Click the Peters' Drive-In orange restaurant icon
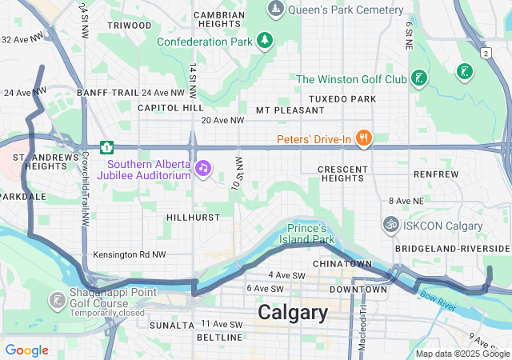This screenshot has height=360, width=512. (363, 138)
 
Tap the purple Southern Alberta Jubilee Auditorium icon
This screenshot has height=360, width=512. (203, 168)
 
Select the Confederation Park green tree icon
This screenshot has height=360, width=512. (264, 41)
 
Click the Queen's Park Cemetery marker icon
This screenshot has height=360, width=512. (276, 9)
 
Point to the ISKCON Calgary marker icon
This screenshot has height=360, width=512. (391, 225)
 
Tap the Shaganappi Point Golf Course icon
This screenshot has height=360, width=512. (57, 301)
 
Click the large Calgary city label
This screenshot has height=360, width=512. (293, 313)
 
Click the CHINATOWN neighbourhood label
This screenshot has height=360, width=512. (342, 263)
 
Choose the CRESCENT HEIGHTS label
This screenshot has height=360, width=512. (342, 175)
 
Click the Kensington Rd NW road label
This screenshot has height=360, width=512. (129, 254)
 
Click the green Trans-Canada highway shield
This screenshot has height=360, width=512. (106, 147)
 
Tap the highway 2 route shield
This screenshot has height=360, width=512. (485, 53)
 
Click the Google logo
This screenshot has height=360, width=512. (26, 350)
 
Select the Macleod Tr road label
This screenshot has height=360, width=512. (362, 320)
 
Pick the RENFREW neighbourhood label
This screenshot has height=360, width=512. (436, 174)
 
